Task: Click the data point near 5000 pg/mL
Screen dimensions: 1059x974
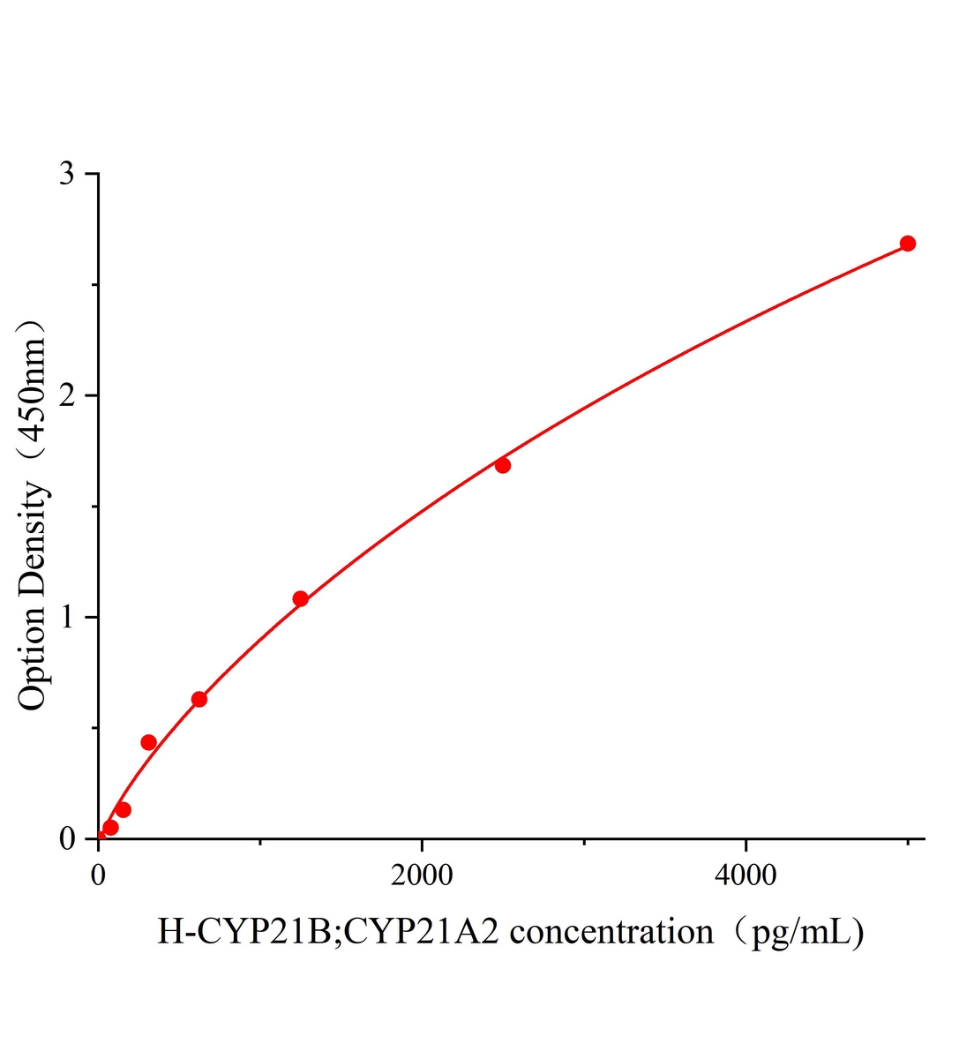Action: click(907, 244)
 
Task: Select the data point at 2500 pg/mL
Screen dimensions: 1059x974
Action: click(503, 465)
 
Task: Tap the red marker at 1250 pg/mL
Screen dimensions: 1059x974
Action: click(300, 599)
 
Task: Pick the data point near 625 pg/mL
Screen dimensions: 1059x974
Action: click(199, 699)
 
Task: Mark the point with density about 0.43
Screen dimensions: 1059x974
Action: click(148, 742)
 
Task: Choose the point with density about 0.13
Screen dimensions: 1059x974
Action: click(124, 810)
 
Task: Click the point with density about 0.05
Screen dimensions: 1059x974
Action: click(110, 828)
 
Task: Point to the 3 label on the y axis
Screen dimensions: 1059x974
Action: click(67, 174)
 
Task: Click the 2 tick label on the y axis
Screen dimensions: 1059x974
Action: click(67, 395)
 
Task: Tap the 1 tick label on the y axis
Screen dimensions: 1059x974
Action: click(67, 617)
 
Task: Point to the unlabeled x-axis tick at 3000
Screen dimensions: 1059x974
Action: click(584, 843)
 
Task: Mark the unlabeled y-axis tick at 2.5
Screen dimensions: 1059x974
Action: click(94, 285)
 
